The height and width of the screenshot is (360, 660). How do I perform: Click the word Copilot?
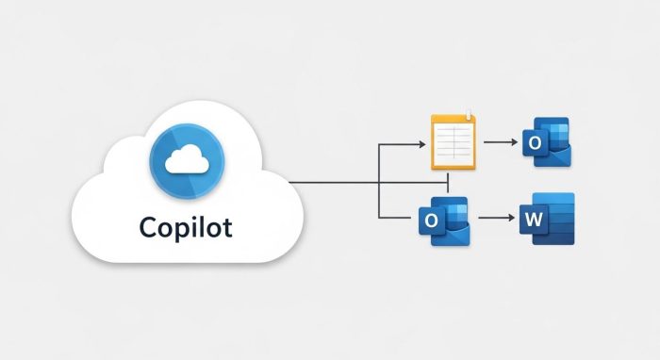coord(186,228)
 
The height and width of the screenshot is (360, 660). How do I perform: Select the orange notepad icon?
coord(454,141)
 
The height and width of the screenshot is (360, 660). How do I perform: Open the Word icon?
coord(547,220)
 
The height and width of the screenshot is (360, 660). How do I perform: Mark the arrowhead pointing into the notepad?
coord(421,144)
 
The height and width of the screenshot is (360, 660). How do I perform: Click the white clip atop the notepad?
coord(468,113)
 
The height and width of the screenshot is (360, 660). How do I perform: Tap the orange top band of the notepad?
coord(454,120)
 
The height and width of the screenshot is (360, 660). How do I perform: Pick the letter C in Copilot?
coord(146,228)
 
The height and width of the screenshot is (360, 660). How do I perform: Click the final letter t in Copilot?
coord(229,228)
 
